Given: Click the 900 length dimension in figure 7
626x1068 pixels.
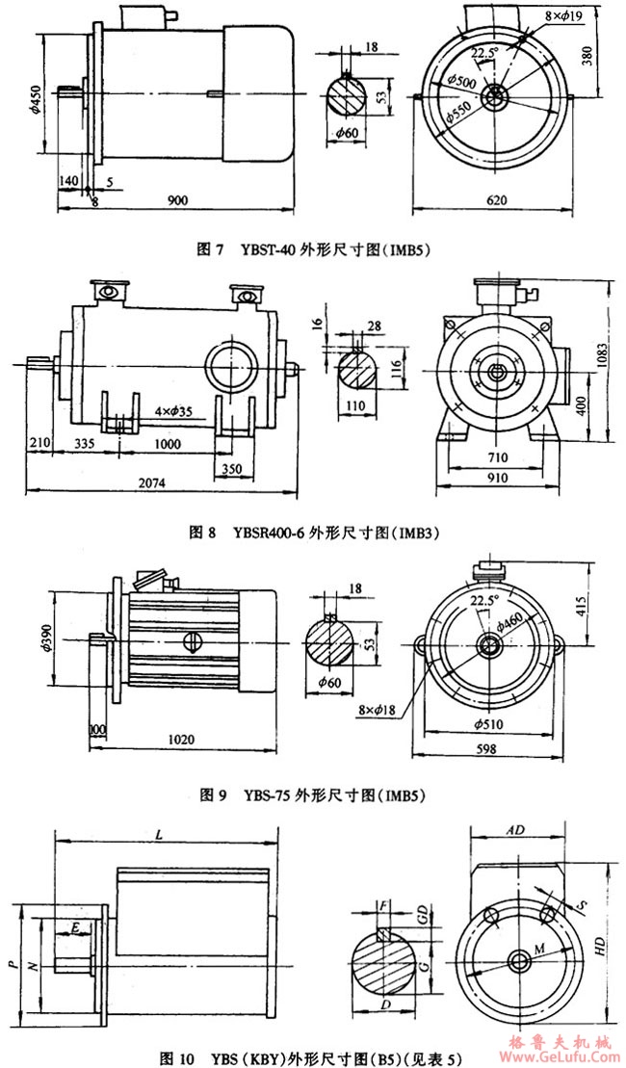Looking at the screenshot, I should tap(177, 200).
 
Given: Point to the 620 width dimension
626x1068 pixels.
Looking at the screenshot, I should tap(496, 200).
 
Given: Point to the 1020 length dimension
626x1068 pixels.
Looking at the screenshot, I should tap(181, 741).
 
